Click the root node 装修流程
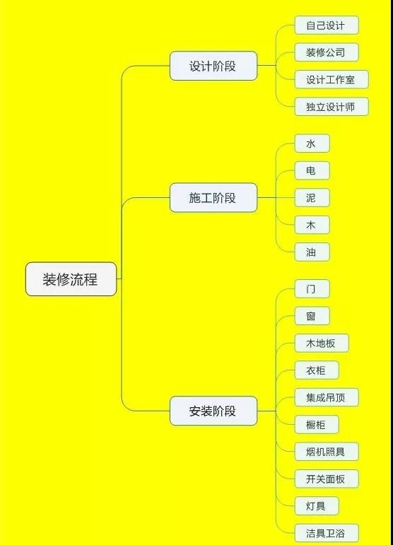[71, 279]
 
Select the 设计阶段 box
[213, 66]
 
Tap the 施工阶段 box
[213, 197]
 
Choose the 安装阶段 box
[213, 411]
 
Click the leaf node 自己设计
[327, 25]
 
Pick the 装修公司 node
[327, 52]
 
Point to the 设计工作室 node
[331, 80]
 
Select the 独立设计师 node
[331, 107]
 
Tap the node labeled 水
[312, 143]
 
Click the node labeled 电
[312, 170]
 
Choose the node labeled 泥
[312, 197]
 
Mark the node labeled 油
[312, 252]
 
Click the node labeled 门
[312, 288]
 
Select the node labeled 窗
[312, 316]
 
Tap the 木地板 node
[322, 343]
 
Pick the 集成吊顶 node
[327, 397]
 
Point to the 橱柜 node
[317, 424]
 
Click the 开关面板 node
[327, 479]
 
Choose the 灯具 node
[317, 505]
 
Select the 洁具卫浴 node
[327, 533]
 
